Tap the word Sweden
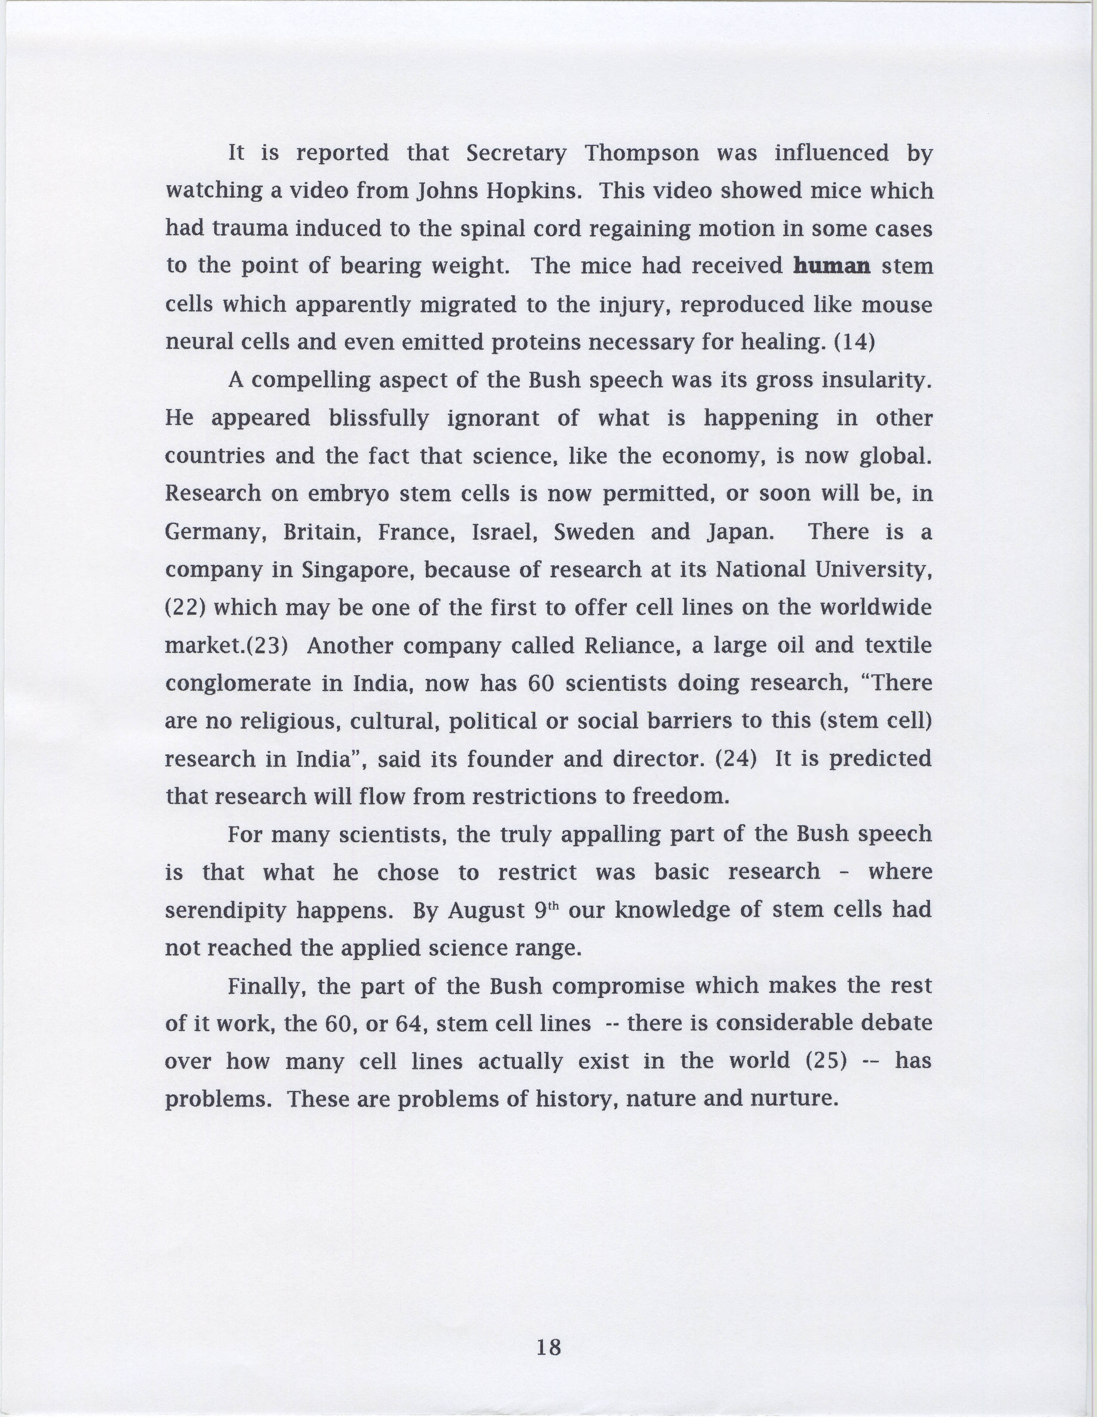pyautogui.click(x=594, y=532)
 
